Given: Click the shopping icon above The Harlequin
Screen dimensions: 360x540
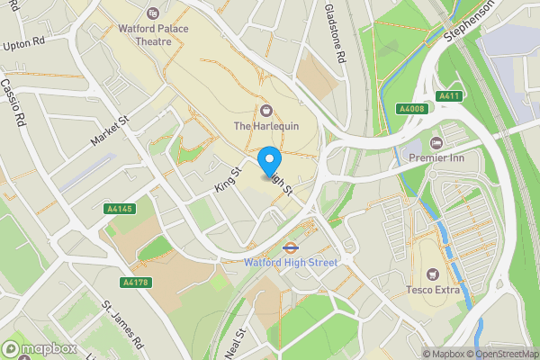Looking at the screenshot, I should pyautogui.click(x=265, y=110).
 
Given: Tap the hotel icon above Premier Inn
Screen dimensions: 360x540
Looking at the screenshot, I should pyautogui.click(x=436, y=143).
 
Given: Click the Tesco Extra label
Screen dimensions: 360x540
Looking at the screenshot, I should pyautogui.click(x=436, y=289).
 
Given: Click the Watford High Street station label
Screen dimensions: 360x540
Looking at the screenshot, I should pyautogui.click(x=291, y=263).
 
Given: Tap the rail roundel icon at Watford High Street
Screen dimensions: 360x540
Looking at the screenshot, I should pyautogui.click(x=291, y=247).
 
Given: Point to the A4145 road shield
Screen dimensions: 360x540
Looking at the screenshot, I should pyautogui.click(x=119, y=209).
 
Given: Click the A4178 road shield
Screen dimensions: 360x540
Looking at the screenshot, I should pyautogui.click(x=135, y=283).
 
